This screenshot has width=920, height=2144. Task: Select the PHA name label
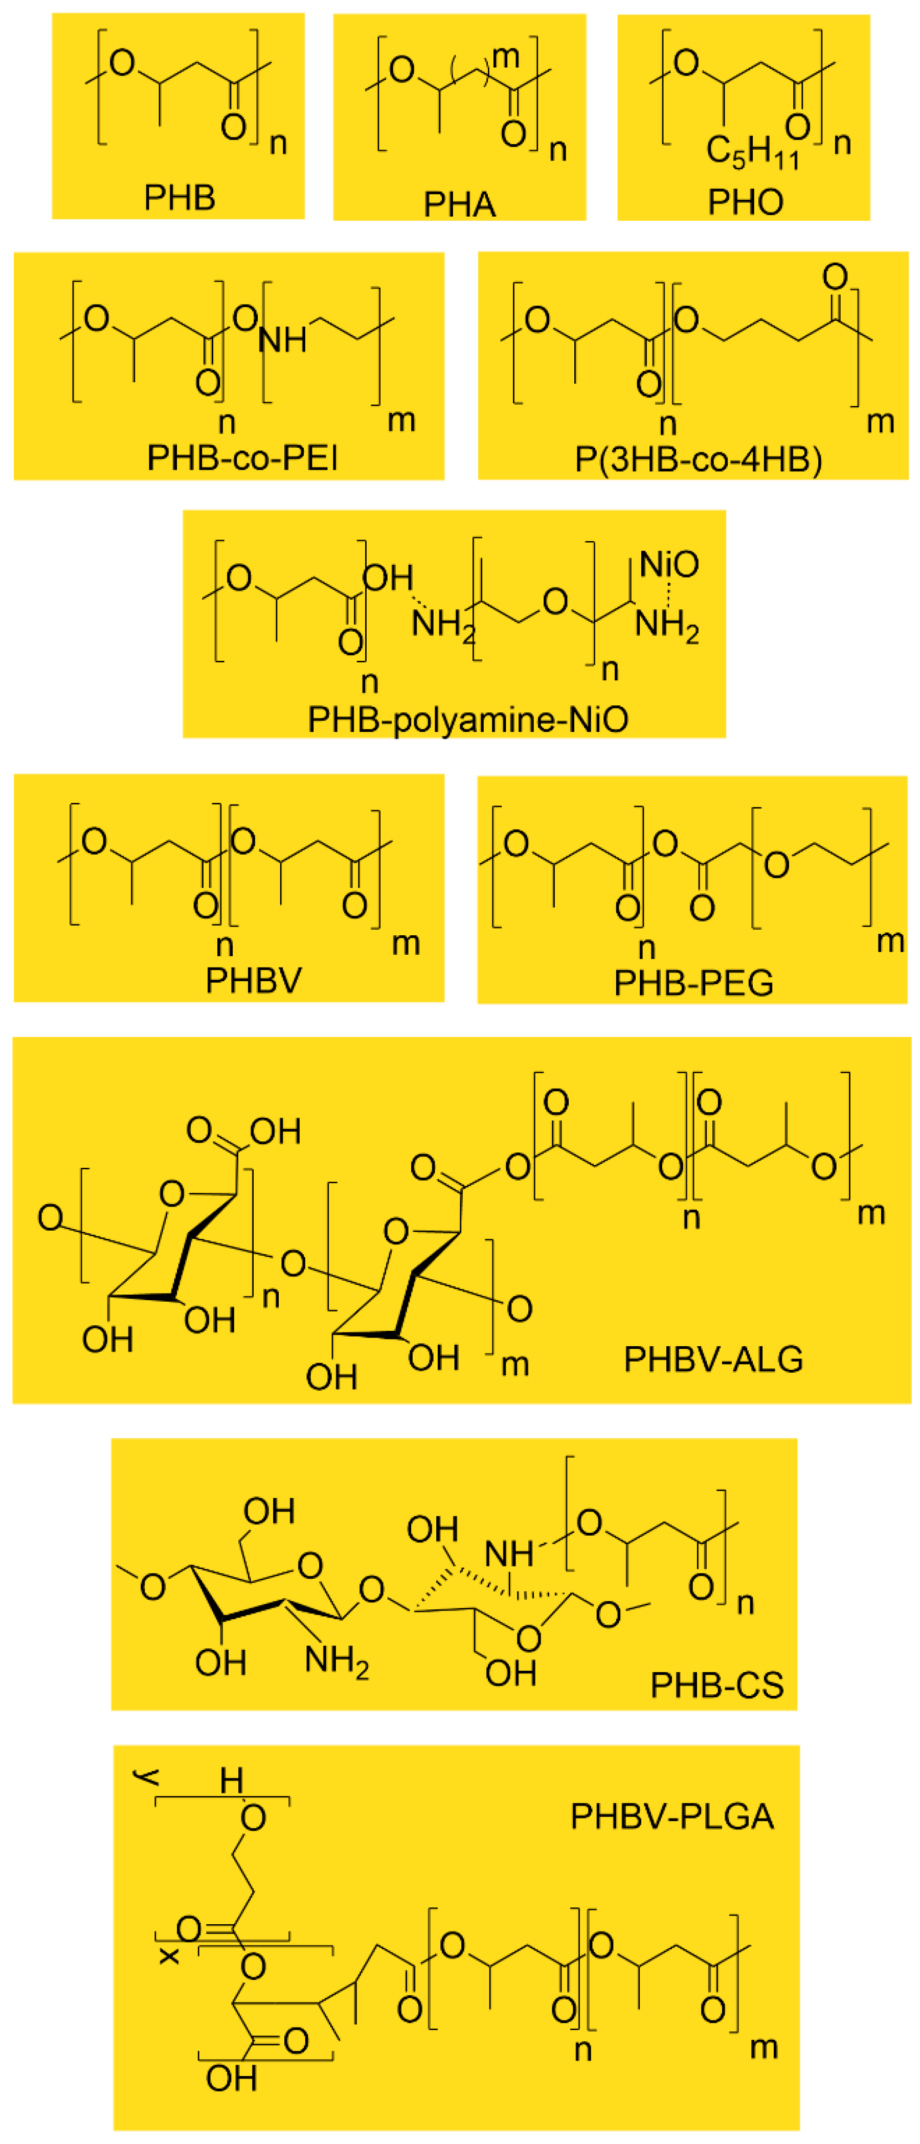[x=460, y=204]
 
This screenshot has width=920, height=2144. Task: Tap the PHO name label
[x=745, y=201]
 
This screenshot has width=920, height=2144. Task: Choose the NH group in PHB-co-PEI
[x=282, y=339]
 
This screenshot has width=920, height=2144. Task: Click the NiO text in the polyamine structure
[x=668, y=564]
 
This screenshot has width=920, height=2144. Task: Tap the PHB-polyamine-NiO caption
[x=468, y=719]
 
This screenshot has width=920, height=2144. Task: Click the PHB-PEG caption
[x=693, y=983]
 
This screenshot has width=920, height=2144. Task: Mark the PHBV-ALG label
[x=713, y=1359]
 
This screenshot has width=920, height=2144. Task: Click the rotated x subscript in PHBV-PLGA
[x=169, y=1956]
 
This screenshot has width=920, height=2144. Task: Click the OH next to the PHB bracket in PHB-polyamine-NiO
[x=388, y=577]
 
